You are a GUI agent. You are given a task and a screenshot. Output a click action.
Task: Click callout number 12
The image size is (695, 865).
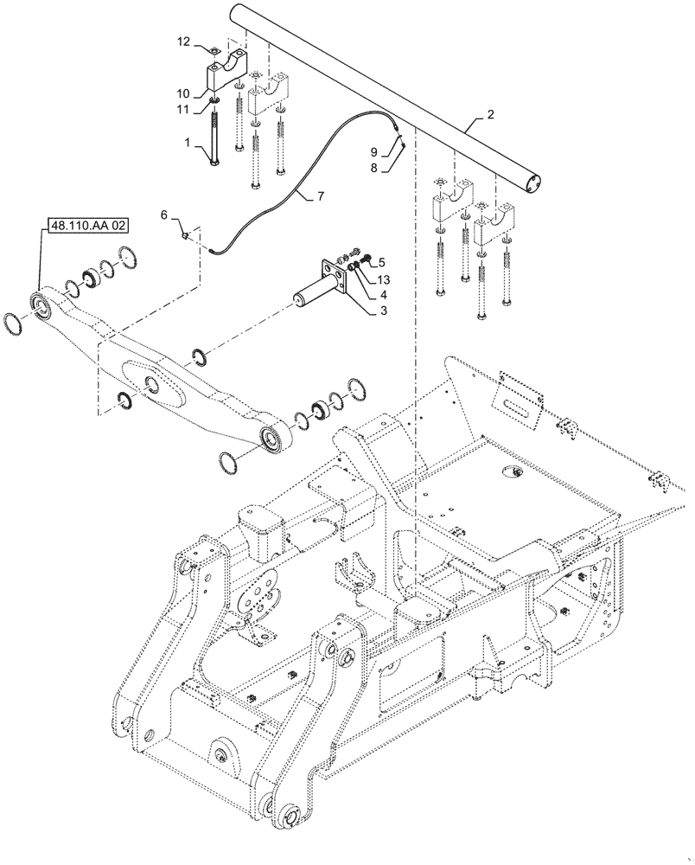(183, 41)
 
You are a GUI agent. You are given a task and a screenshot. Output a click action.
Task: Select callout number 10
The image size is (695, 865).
(183, 93)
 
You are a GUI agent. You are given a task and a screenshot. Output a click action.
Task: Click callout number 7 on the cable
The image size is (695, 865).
(320, 197)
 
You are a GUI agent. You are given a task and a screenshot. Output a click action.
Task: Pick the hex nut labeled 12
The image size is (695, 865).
(213, 48)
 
